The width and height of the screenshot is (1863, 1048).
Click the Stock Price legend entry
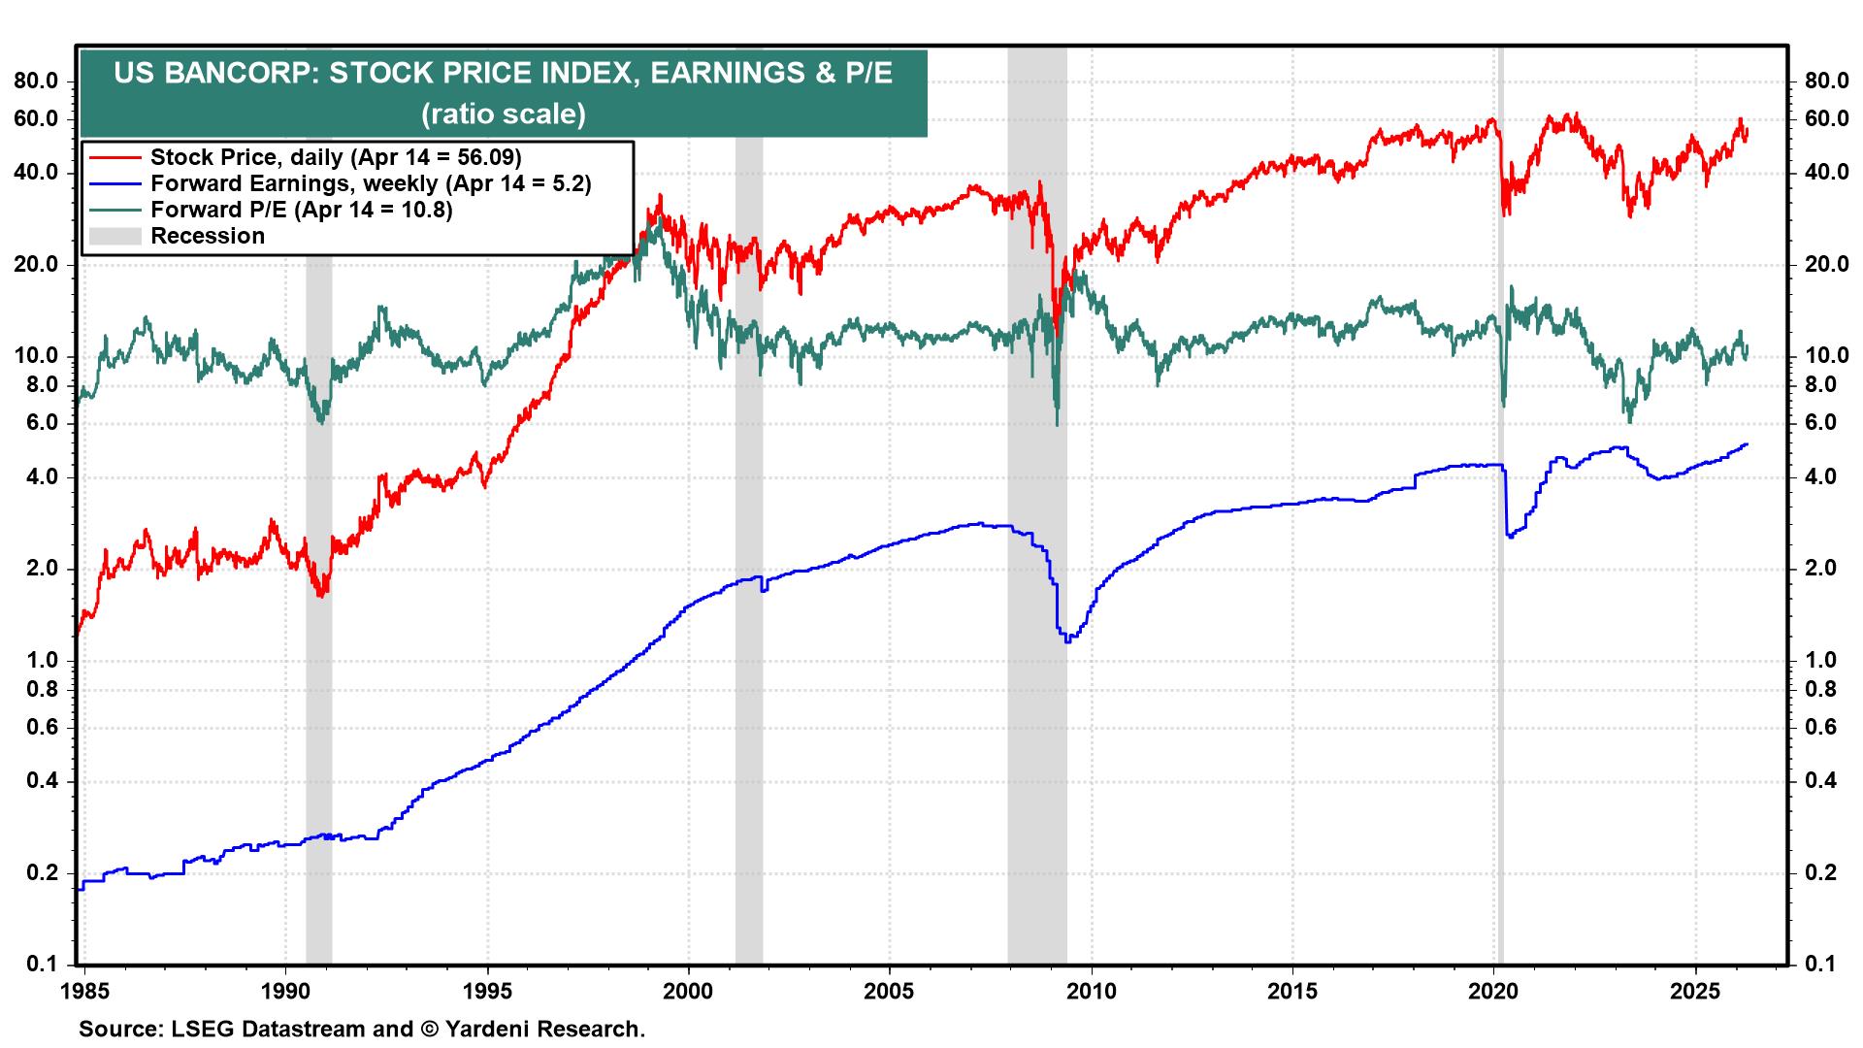click(336, 157)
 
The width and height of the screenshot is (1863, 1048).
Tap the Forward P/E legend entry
click(302, 210)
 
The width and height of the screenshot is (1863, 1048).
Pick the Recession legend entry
click(208, 236)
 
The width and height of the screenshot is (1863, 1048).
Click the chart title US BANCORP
click(503, 75)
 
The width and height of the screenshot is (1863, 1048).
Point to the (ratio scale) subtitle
click(503, 115)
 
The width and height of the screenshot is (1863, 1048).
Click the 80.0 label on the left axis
click(37, 82)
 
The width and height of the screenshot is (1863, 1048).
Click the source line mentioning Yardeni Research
click(362, 1029)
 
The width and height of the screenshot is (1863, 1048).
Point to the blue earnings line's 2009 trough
click(1067, 641)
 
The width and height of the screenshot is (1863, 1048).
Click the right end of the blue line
click(1747, 444)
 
